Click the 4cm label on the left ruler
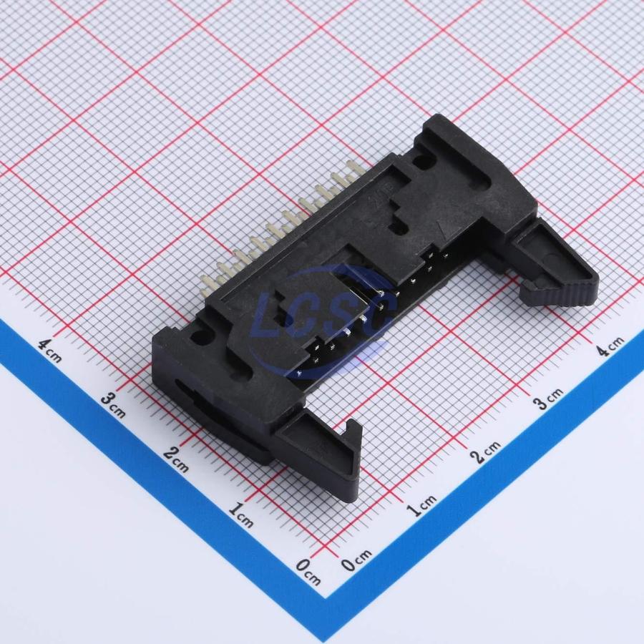click(50, 351)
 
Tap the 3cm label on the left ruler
click(113, 405)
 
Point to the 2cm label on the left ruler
click(176, 459)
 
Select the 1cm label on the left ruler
click(240, 514)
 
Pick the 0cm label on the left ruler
click(308, 571)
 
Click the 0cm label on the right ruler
click(356, 560)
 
